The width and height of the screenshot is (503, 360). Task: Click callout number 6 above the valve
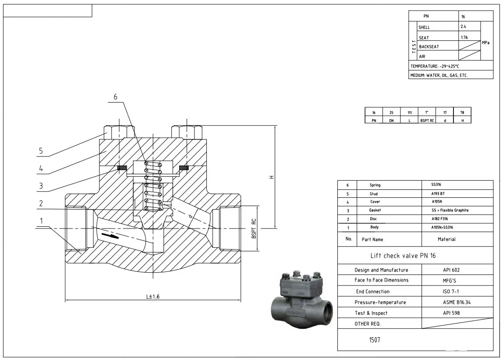[x=116, y=97]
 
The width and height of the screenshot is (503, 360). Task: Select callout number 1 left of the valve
[x=42, y=221]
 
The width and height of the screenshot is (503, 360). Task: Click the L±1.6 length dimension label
[x=152, y=296]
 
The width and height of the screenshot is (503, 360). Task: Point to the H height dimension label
[x=272, y=177]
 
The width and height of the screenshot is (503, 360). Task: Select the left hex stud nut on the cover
[x=119, y=131]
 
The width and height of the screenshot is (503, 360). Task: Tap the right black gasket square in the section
[x=184, y=167]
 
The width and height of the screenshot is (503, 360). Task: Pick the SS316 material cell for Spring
[x=436, y=185]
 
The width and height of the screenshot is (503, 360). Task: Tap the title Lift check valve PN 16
[x=403, y=256]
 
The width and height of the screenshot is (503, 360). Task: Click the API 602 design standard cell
[x=451, y=270]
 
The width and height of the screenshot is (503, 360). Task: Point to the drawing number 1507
[x=374, y=339]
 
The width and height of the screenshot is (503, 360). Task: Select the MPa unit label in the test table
[x=486, y=43]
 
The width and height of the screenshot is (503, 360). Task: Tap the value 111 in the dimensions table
[x=409, y=113]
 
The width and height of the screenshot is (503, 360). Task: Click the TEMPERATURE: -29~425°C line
[x=435, y=66]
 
